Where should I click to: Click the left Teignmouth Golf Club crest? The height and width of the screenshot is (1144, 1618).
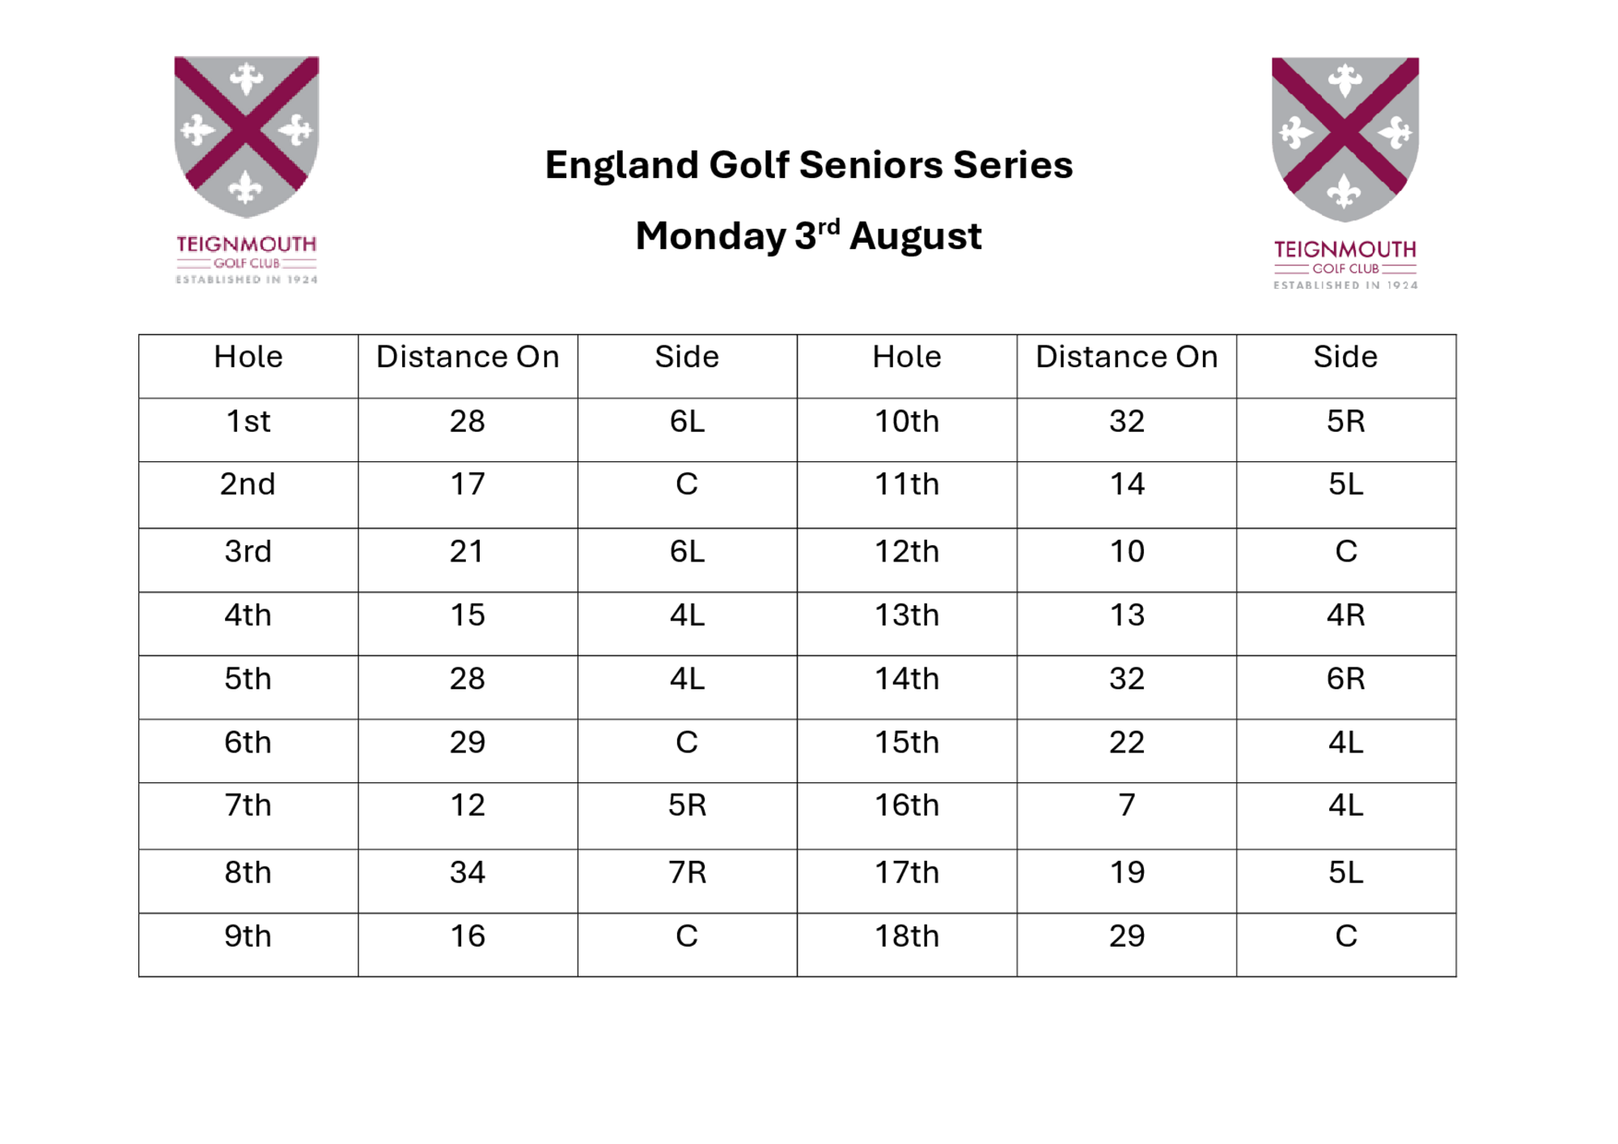tap(247, 170)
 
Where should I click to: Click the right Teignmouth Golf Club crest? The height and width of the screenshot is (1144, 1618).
tap(1345, 173)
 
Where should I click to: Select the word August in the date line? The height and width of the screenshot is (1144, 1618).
tap(915, 236)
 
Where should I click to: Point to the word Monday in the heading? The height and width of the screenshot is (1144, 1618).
tap(710, 237)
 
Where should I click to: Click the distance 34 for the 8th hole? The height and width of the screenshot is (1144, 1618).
tap(468, 872)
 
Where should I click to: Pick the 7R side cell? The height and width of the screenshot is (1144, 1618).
tap(687, 872)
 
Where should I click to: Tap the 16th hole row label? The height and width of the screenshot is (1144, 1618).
tap(907, 805)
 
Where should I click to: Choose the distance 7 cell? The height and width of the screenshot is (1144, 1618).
tap(1127, 805)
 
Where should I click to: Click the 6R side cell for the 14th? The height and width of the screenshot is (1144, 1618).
tap(1345, 678)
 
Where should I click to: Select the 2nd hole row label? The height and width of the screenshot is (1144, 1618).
tap(248, 484)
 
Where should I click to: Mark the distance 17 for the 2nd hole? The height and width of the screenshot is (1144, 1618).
tap(468, 484)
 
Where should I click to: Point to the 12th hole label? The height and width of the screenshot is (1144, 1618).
tap(907, 551)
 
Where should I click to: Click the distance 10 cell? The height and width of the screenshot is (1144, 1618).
tap(1127, 551)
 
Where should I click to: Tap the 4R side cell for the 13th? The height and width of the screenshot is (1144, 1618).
tap(1345, 615)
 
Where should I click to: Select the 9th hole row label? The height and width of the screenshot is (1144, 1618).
tap(248, 936)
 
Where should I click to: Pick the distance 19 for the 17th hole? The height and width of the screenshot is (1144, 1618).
tap(1127, 872)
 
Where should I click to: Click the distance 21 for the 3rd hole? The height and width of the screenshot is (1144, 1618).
tap(467, 551)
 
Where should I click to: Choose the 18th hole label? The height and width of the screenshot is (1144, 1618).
tap(907, 936)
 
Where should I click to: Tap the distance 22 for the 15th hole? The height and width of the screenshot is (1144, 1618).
tap(1127, 742)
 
